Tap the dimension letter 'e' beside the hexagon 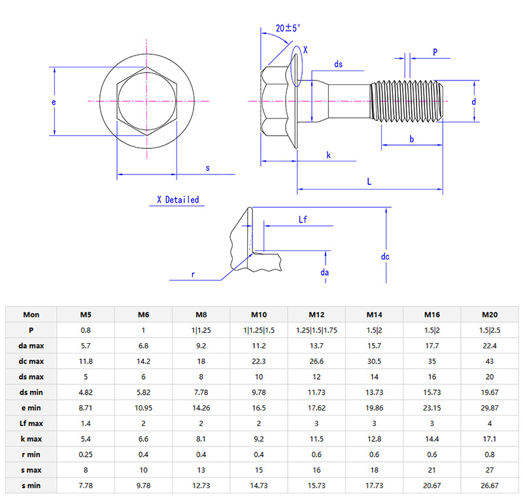[54, 103]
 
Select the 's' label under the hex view [208, 168]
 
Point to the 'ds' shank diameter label [338, 64]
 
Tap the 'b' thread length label [411, 139]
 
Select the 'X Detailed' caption [178, 200]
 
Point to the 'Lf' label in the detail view [303, 220]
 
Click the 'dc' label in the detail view [385, 257]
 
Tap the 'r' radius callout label [193, 275]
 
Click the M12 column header [317, 314]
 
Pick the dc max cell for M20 [489, 361]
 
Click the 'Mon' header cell [31, 314]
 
